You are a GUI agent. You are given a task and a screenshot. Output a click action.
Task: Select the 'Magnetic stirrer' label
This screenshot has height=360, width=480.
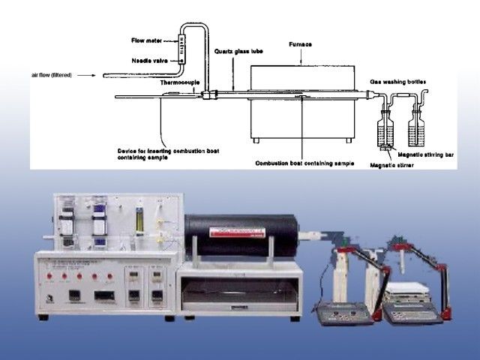[x=393, y=164]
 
